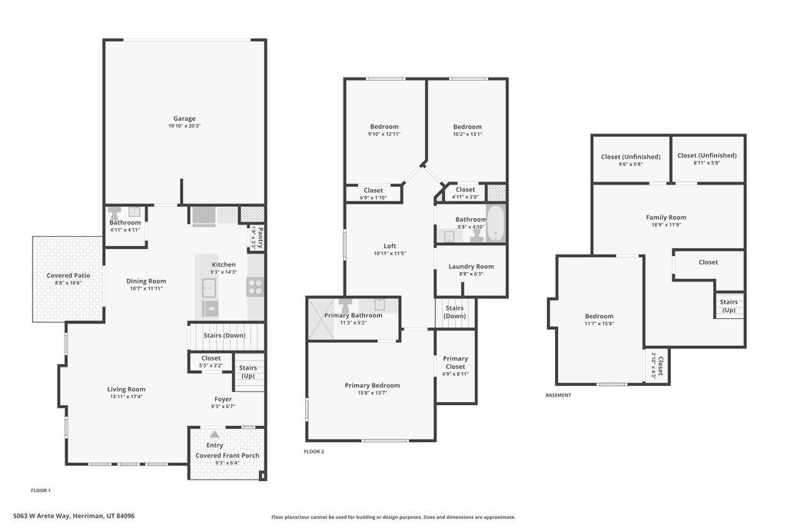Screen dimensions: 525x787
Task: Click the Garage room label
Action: pos(184,118)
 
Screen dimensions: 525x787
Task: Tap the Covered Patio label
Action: pos(68,275)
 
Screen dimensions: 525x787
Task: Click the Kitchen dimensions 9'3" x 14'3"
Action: pos(224,272)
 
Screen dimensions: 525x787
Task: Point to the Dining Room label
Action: pos(146,281)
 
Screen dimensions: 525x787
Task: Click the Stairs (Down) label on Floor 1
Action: pos(224,335)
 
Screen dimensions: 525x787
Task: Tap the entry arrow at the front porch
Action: pos(214,434)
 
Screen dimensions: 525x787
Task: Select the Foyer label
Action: pos(223,399)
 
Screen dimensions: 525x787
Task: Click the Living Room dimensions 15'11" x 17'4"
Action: pos(126,397)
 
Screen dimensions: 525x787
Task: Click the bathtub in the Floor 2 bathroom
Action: pos(496,223)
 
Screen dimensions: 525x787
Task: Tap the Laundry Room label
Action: pos(470,267)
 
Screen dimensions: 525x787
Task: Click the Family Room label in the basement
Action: pos(666,218)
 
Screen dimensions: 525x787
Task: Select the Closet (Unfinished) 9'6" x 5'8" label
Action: pos(630,156)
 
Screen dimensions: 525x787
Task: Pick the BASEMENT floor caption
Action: pos(558,395)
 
